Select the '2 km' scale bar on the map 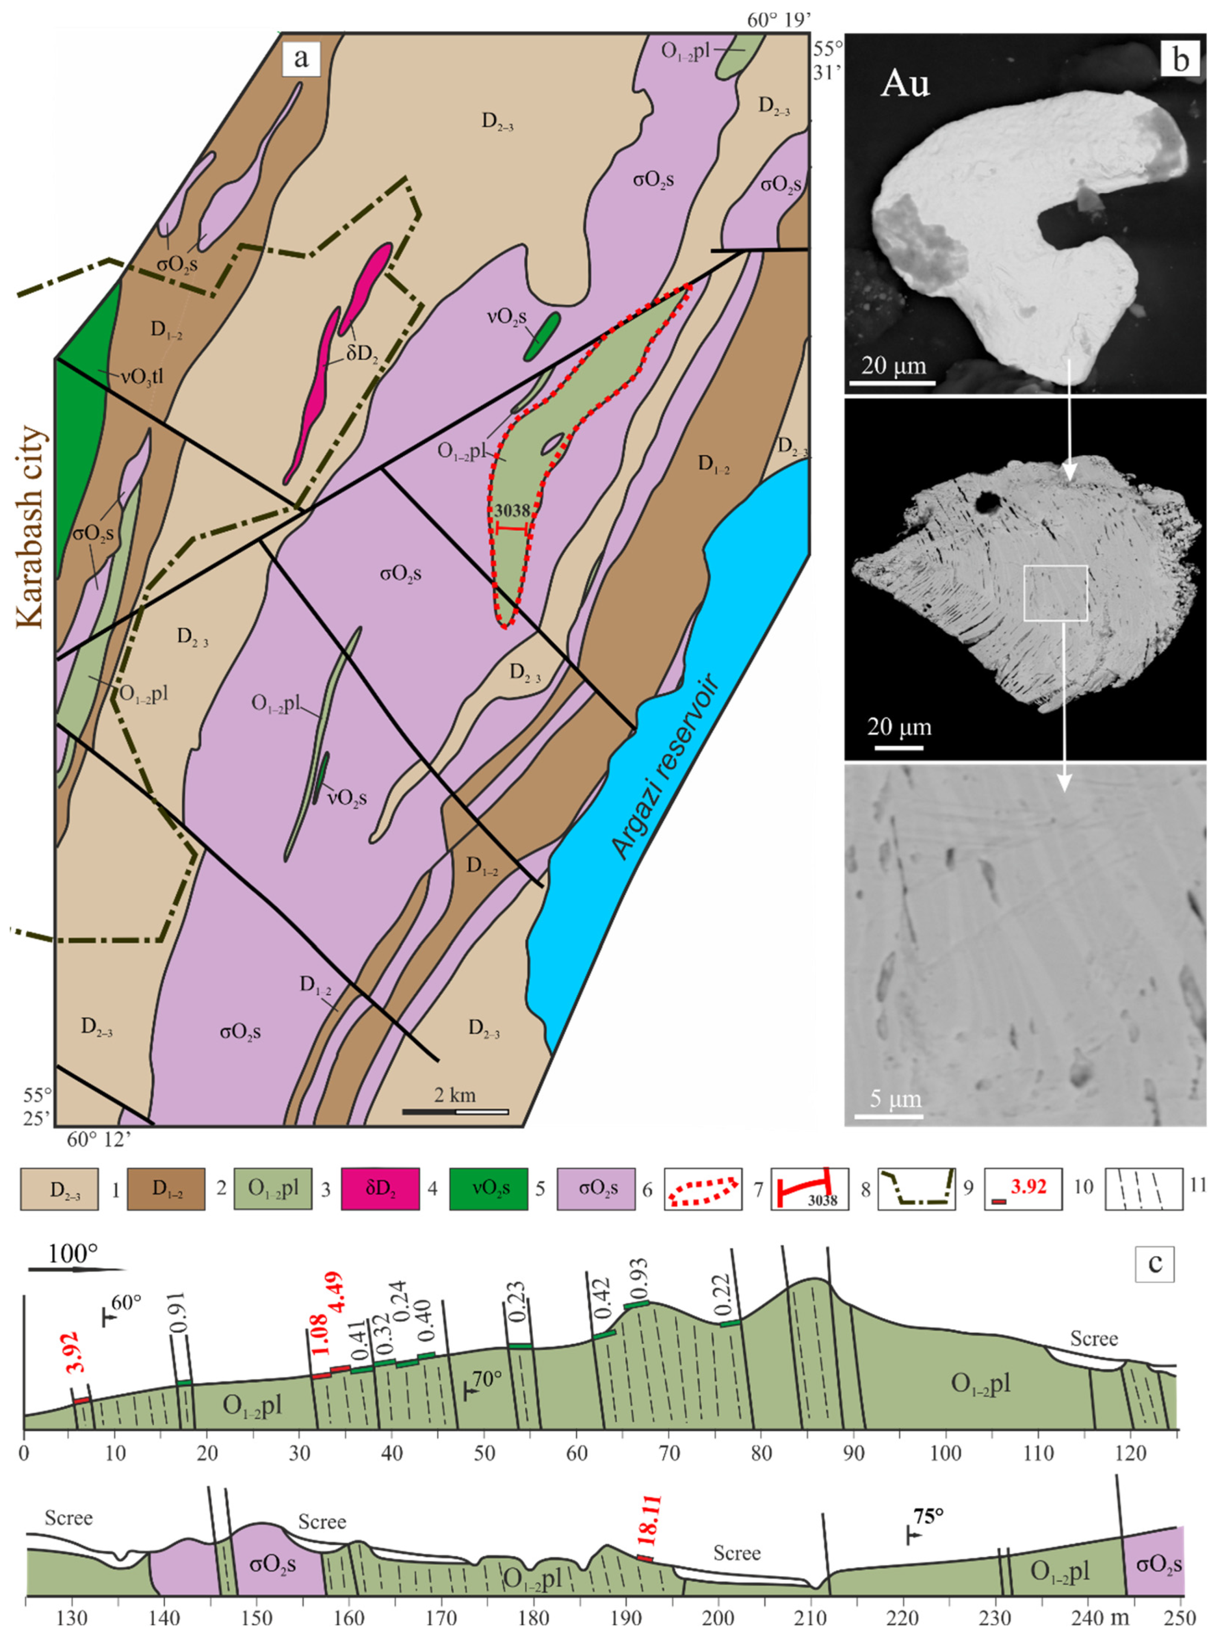(455, 1111)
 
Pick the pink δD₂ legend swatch (380, 1189)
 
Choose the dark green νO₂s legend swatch (489, 1189)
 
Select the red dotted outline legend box (703, 1189)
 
